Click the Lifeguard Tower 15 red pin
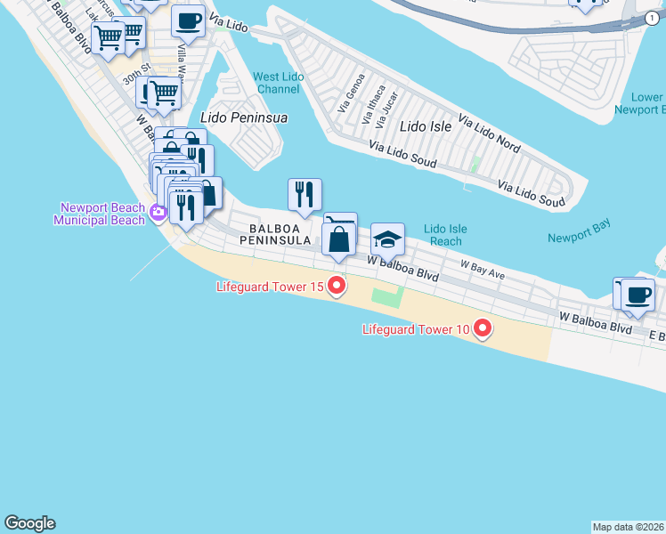[337, 286]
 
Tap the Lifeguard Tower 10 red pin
[483, 329]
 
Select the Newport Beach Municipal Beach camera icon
[158, 212]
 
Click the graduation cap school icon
[387, 239]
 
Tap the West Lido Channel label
[278, 83]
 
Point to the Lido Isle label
[426, 126]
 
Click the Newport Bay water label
[579, 238]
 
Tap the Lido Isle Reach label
[445, 235]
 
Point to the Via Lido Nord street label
[489, 132]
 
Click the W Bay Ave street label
[483, 270]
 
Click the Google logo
[29, 523]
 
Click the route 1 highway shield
[653, 18]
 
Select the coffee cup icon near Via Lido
[188, 20]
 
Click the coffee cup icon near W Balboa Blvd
[638, 295]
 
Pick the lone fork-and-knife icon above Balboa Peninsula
[305, 193]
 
